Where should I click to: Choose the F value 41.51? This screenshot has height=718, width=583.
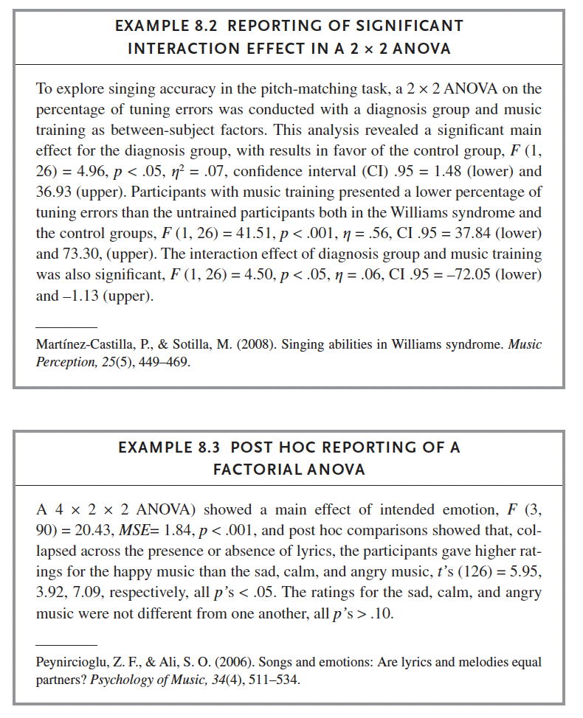pyautogui.click(x=259, y=234)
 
